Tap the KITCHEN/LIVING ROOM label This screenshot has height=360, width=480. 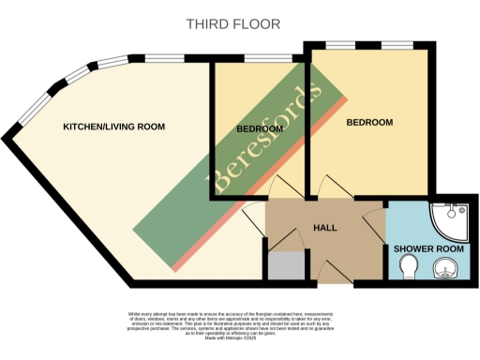coord(113,126)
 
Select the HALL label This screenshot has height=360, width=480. coord(324,227)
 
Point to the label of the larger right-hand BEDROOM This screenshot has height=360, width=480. coord(369,122)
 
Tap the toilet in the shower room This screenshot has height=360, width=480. coord(409,270)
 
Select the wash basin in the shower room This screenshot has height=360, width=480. coord(443,272)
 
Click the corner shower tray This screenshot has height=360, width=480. coord(442,222)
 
